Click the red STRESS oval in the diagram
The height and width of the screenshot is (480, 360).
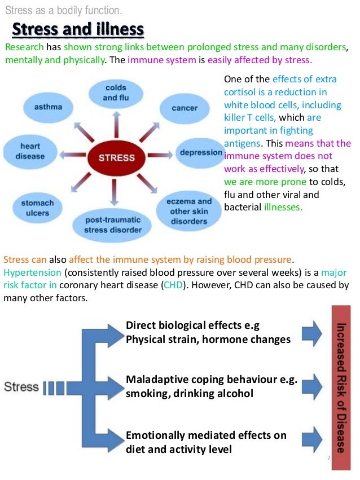[x=116, y=157]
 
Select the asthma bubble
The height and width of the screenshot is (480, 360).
[x=49, y=107]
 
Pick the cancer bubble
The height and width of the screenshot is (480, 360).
[x=184, y=108]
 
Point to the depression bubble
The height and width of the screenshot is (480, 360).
[x=200, y=152]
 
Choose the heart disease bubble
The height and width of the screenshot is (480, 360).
[x=30, y=151]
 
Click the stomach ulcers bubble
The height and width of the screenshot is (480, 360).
[x=37, y=207]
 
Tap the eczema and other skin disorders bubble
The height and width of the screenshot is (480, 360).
[x=189, y=210]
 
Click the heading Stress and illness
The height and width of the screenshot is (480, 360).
[x=78, y=29]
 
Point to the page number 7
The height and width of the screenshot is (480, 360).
[x=328, y=457]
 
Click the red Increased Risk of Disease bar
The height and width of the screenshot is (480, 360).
[x=341, y=387]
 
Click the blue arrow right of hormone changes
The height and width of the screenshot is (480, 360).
[x=311, y=333]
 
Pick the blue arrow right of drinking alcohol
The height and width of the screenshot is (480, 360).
[x=311, y=386]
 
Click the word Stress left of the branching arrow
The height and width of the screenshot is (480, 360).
[x=21, y=387]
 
